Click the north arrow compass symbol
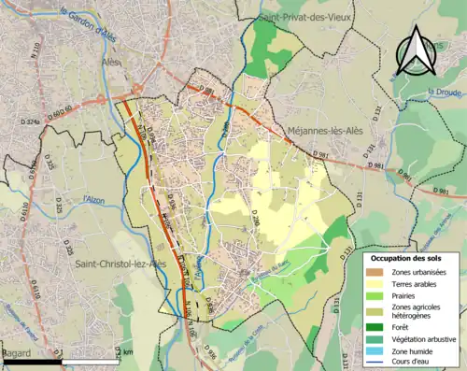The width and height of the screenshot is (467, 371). (415, 50)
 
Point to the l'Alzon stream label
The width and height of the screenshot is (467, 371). (93, 199)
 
